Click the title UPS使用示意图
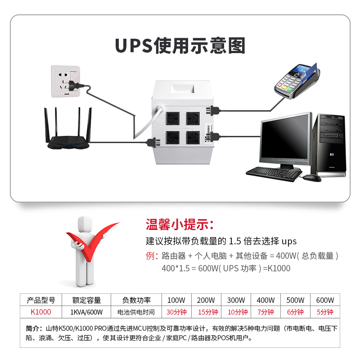point(180,46)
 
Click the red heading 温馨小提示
point(180,224)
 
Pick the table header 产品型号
point(40,300)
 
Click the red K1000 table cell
point(40,312)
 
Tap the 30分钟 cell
point(176,312)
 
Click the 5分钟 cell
point(325,312)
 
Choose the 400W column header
point(265,300)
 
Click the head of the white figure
point(86,223)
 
